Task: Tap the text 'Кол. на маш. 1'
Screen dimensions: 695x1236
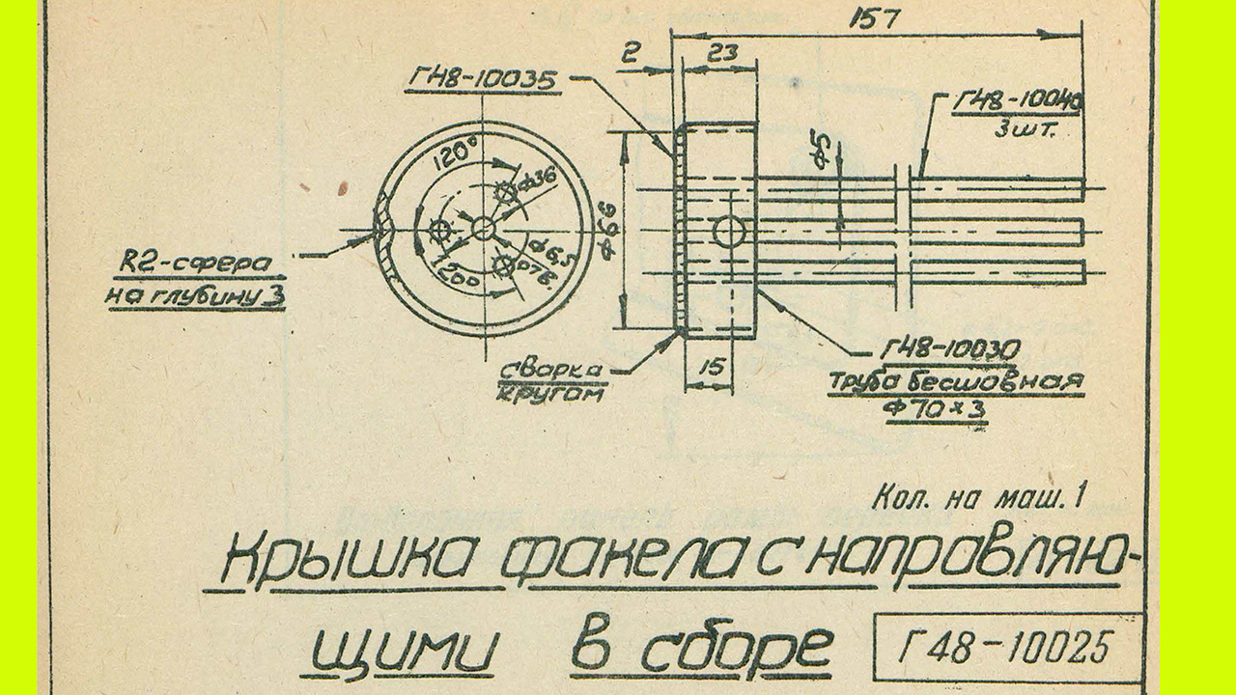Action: pyautogui.click(x=978, y=500)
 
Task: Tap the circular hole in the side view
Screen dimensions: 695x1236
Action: pyautogui.click(x=729, y=232)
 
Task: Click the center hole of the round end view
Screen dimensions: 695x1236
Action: pyautogui.click(x=483, y=229)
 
